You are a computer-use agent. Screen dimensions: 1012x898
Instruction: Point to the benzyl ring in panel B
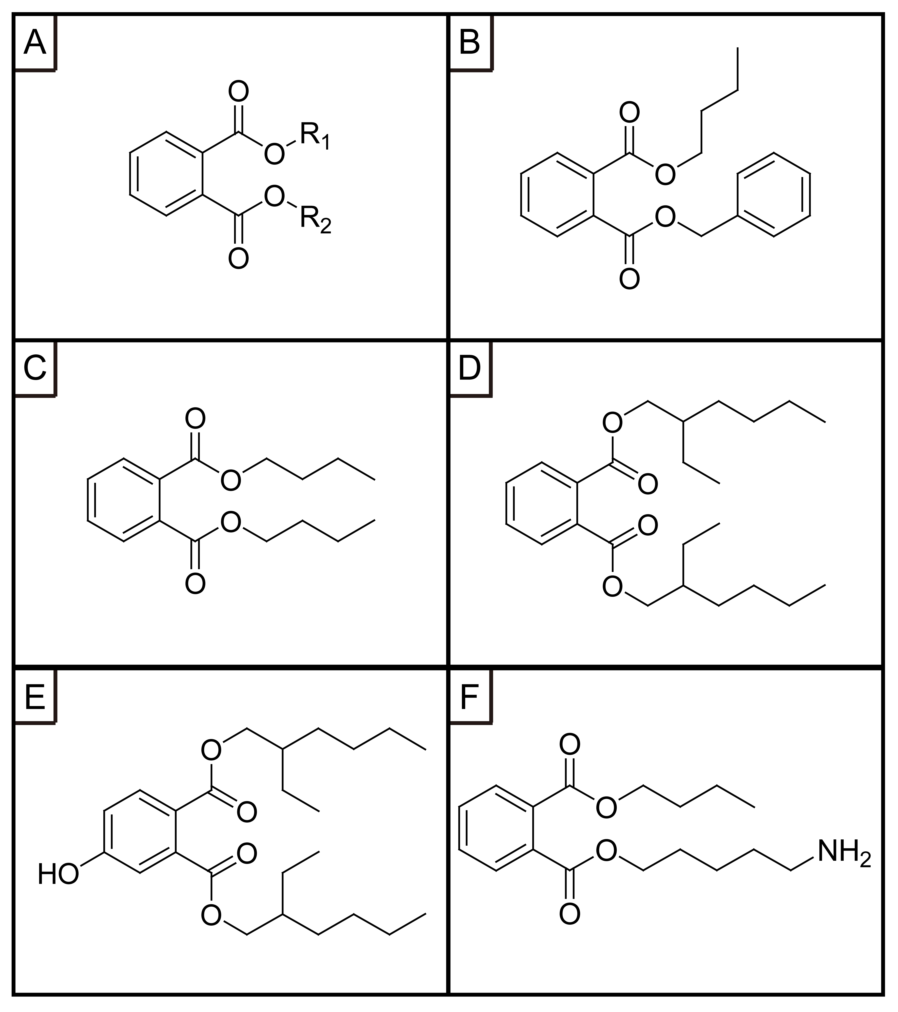click(774, 195)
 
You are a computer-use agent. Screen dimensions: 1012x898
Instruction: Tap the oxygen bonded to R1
click(274, 154)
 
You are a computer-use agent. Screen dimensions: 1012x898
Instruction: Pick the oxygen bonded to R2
click(274, 197)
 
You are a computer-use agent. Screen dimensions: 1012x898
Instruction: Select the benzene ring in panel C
click(124, 500)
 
